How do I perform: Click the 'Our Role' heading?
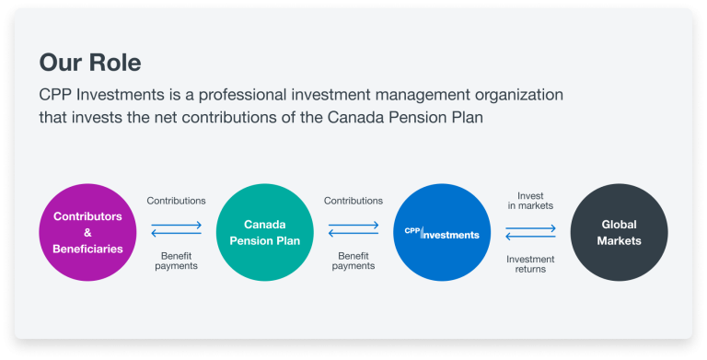point(89,63)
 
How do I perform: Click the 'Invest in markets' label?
point(530,200)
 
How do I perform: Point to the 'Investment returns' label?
point(530,263)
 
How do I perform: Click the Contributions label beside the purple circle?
point(176,201)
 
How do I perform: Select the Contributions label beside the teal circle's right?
point(353,201)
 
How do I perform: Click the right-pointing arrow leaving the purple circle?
point(177,224)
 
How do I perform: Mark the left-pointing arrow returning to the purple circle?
point(177,235)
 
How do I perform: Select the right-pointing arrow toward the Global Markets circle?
point(530,225)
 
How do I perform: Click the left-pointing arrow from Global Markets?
point(530,236)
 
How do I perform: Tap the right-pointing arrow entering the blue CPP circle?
point(353,224)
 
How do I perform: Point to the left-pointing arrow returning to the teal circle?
point(353,235)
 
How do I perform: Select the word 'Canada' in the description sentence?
point(338,118)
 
